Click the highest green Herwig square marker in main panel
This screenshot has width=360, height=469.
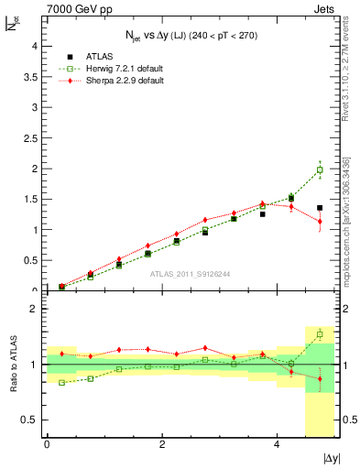[x=320, y=169]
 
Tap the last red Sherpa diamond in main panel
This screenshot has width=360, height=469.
[x=320, y=222]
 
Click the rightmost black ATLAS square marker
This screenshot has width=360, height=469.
[x=320, y=208]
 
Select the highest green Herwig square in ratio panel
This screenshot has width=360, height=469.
[x=320, y=334]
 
